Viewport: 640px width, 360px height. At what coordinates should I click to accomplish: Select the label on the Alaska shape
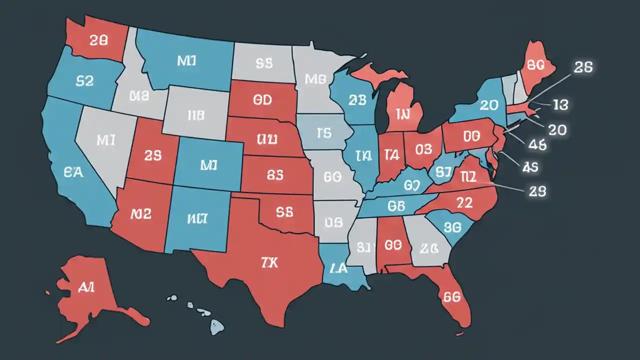(x=87, y=286)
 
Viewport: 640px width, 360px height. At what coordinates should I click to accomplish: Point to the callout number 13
(x=560, y=104)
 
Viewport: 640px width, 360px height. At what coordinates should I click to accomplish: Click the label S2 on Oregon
(x=84, y=81)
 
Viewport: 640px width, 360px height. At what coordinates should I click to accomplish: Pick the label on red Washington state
(x=98, y=41)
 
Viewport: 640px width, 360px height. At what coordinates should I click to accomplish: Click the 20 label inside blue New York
(x=488, y=104)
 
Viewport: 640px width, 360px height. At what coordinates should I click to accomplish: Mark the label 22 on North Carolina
(x=464, y=202)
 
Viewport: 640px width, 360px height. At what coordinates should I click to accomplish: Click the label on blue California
(x=73, y=172)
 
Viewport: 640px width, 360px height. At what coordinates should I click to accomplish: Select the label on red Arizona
(x=140, y=214)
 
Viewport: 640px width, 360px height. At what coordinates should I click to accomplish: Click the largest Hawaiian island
(x=216, y=327)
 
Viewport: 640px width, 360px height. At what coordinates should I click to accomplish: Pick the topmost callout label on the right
(x=583, y=68)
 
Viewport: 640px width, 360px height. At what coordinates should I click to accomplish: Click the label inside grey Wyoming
(x=196, y=115)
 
